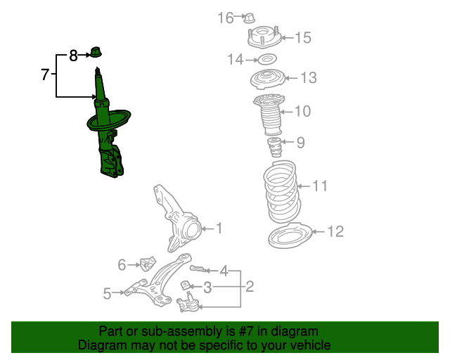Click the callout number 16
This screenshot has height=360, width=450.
[x=226, y=18]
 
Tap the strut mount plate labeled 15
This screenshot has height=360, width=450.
[x=264, y=37]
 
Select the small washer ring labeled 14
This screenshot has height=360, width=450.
[x=267, y=60]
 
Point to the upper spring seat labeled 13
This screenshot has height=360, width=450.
[x=267, y=79]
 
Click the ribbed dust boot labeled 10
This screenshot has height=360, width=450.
[x=269, y=115]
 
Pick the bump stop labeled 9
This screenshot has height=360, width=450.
[x=275, y=147]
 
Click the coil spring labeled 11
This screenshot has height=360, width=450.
[x=282, y=191]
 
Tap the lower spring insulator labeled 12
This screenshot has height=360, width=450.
[x=290, y=235]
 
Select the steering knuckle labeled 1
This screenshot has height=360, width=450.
[x=177, y=219]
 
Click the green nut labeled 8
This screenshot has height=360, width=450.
[x=96, y=52]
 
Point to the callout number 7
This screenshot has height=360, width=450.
[x=45, y=75]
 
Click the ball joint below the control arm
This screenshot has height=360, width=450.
[x=188, y=302]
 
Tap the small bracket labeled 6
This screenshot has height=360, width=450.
[x=148, y=264]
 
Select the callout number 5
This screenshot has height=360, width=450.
[x=107, y=293]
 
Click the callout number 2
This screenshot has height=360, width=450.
[x=250, y=286]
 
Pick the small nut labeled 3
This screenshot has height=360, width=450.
[x=186, y=286]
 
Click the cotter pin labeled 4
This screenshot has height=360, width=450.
[x=198, y=269]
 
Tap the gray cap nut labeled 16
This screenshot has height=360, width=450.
[x=249, y=18]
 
